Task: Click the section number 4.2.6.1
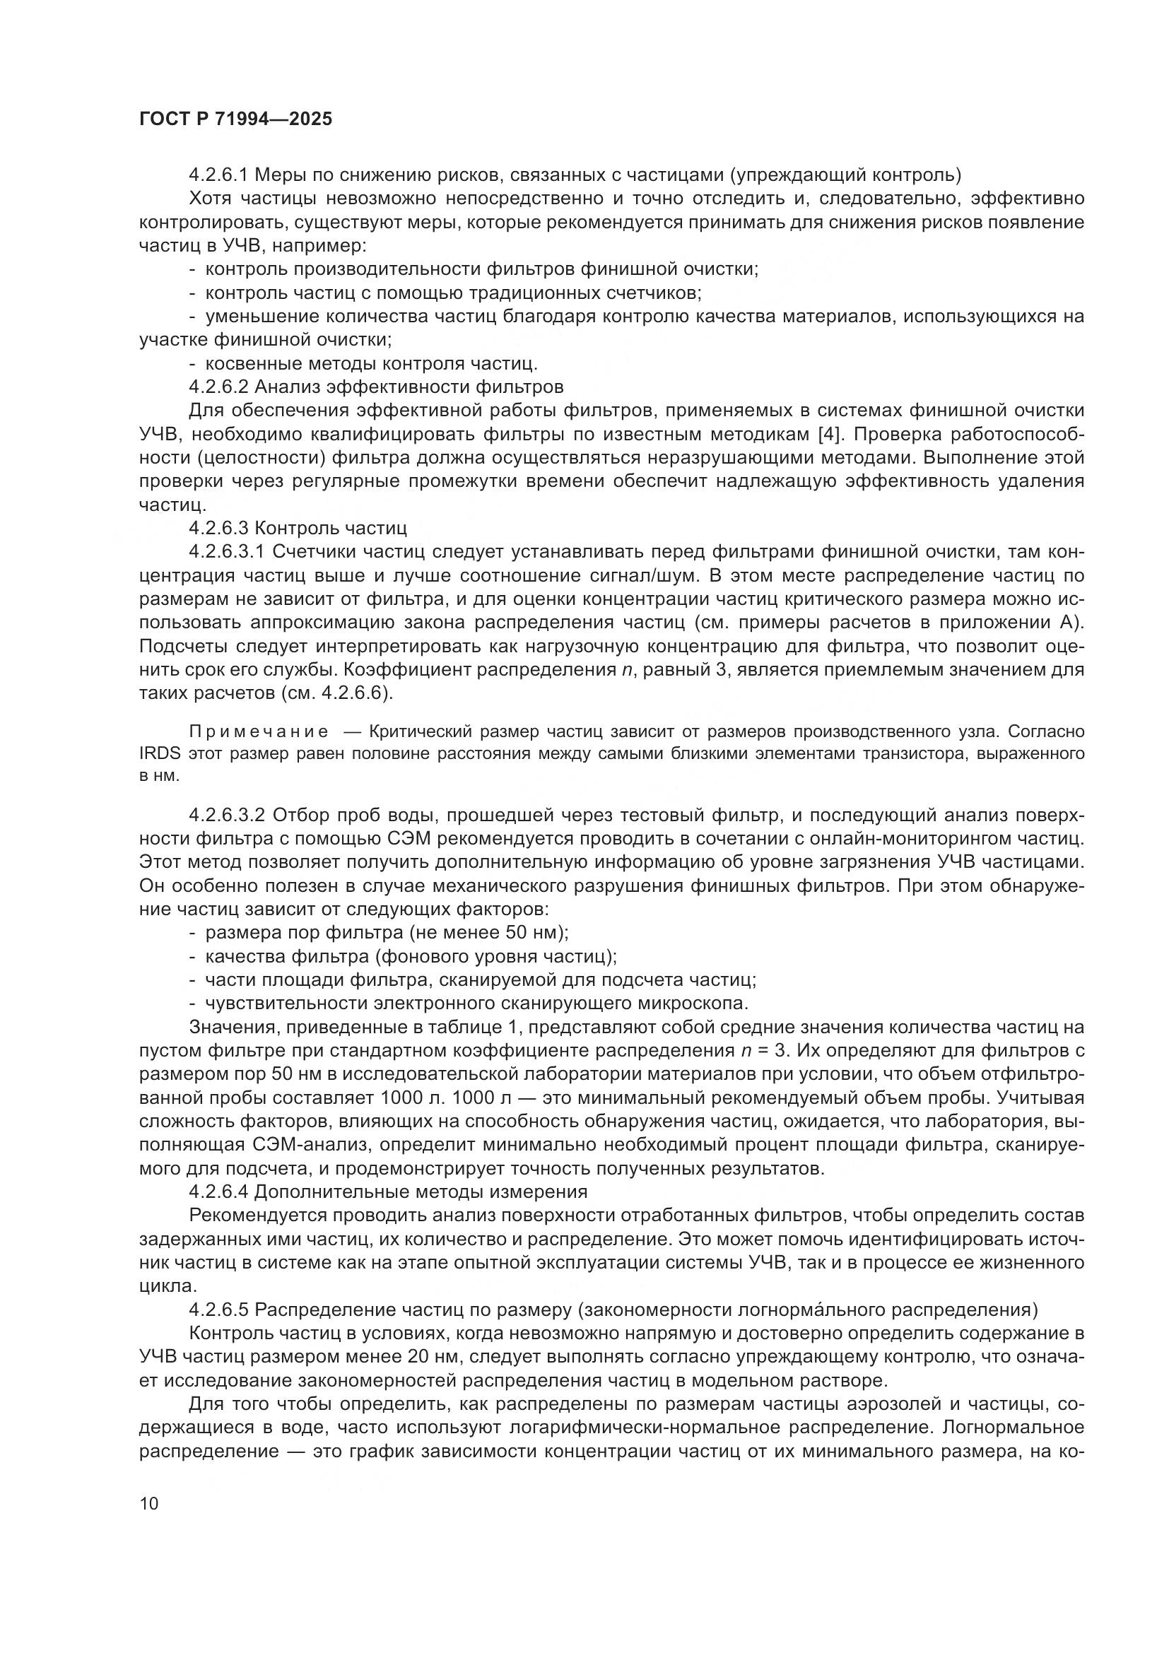click(218, 175)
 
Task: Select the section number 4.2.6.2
click(218, 387)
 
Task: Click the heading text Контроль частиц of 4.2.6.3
click(331, 528)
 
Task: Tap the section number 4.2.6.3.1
click(228, 551)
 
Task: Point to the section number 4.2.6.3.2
click(228, 815)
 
